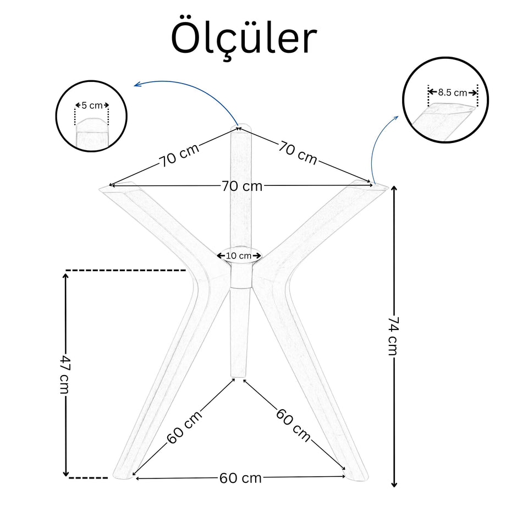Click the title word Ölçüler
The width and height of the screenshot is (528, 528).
244,38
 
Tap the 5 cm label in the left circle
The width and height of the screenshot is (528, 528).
92,106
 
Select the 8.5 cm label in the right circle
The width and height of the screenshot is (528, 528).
453,92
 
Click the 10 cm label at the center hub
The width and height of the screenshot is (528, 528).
239,256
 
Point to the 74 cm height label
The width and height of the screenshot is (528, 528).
393,335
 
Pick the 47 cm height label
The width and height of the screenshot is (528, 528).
64,374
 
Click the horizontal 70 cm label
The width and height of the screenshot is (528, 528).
242,186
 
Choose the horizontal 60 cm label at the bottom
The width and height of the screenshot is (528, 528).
240,478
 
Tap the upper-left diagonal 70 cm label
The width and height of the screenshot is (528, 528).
179,156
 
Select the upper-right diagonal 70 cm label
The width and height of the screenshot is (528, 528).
298,153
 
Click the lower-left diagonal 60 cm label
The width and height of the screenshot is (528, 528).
185,427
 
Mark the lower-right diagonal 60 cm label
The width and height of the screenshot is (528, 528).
293,425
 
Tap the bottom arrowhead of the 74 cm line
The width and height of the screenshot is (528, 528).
394,485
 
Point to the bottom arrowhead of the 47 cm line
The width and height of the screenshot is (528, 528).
66,474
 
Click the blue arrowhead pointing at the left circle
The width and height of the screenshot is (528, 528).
136,85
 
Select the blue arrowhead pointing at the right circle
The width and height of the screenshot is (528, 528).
397,118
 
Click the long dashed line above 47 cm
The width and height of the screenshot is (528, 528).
126,270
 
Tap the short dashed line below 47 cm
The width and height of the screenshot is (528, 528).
88,478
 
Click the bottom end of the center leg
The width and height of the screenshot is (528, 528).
238,376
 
